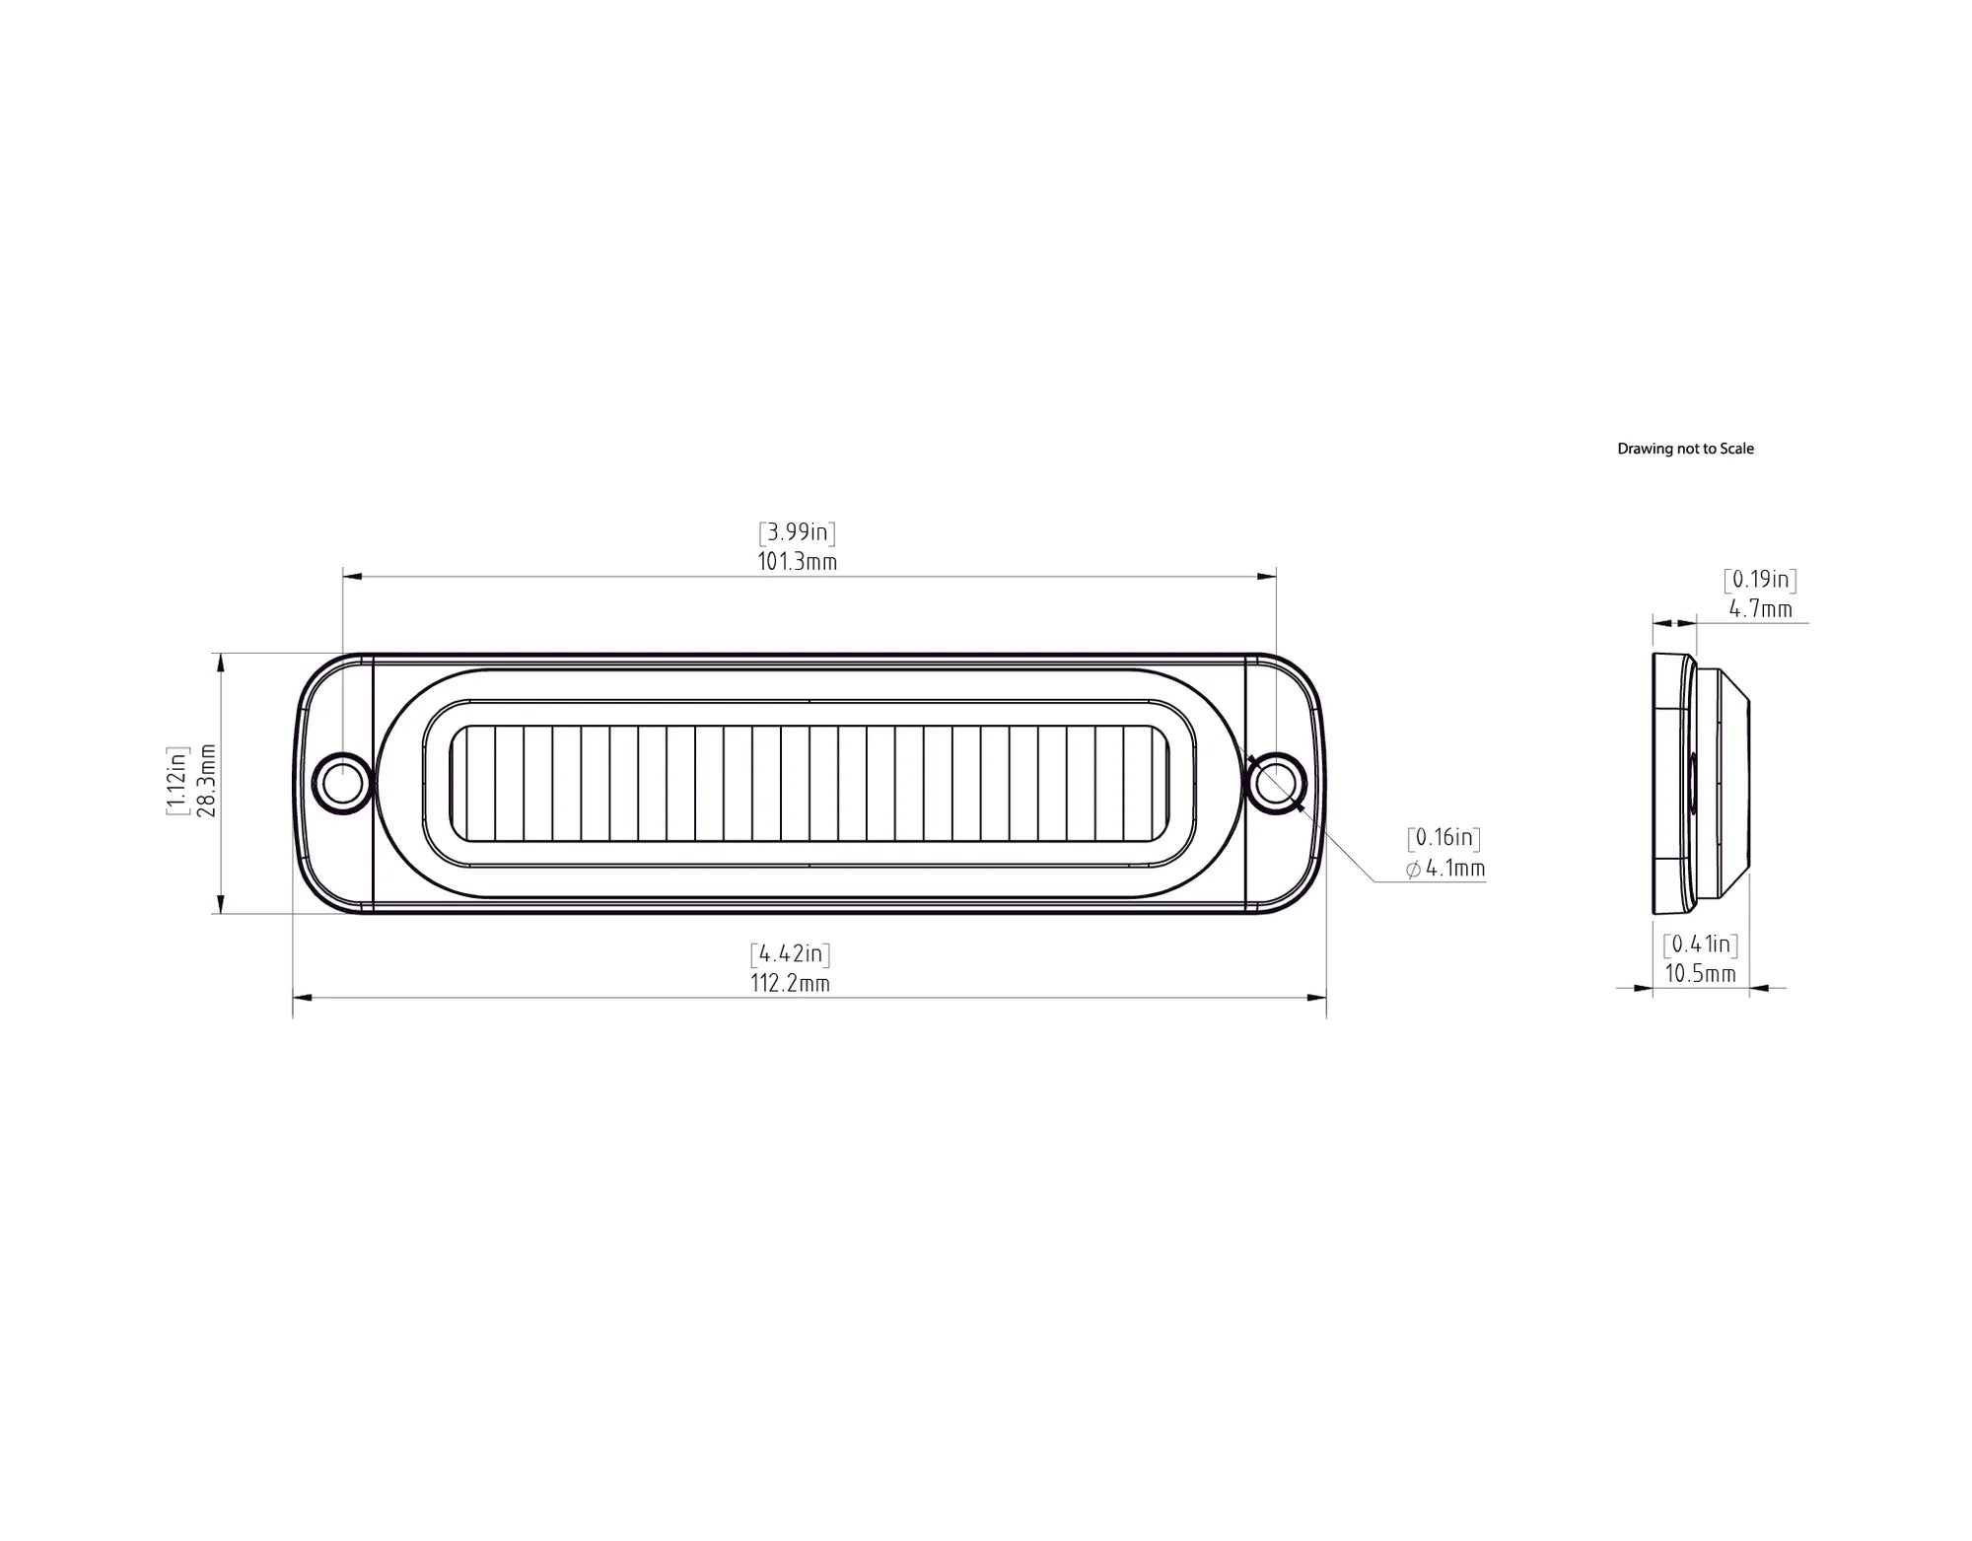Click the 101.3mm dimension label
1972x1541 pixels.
tap(797, 562)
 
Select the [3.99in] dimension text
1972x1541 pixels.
tap(797, 532)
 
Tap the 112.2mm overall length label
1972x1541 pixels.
tap(790, 984)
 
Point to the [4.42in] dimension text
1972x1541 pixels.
tap(790, 953)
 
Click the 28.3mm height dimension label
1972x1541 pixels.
tap(206, 781)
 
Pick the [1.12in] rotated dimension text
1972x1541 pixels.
tap(176, 781)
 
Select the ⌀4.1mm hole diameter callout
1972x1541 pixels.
tap(1445, 869)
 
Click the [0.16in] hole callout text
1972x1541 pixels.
tap(1444, 838)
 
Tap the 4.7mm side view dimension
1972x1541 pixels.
tap(1761, 609)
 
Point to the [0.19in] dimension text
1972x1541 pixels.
tap(1760, 580)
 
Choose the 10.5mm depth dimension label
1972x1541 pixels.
tap(1701, 974)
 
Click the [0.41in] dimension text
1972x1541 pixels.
tap(1701, 945)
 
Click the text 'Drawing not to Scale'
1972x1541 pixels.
tap(1685, 449)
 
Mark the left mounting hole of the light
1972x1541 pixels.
tap(342, 784)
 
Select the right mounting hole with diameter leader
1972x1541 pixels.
tap(1276, 783)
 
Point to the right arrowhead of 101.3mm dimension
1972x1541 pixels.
tap(1268, 576)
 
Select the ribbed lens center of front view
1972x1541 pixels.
tap(809, 784)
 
